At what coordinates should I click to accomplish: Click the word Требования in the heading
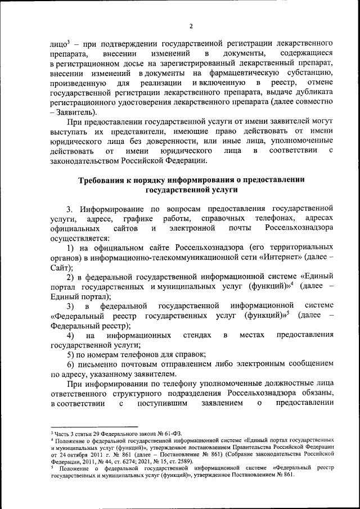click(103, 180)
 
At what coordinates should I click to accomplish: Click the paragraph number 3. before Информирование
click(70, 208)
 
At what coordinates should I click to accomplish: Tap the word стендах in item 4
click(197, 336)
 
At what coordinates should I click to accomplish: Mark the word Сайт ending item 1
click(60, 268)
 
